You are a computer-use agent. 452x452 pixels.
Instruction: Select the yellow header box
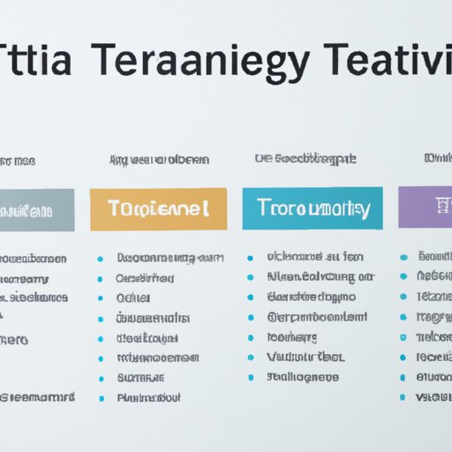pyautogui.click(x=151, y=209)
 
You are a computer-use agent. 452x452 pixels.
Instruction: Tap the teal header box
pyautogui.click(x=313, y=208)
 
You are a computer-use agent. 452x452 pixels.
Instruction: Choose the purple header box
pyautogui.click(x=425, y=208)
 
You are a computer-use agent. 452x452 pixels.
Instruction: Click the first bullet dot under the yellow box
pyautogui.click(x=102, y=259)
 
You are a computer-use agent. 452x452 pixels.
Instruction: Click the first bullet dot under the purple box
pyautogui.click(x=403, y=257)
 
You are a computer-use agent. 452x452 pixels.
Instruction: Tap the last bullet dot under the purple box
pyautogui.click(x=403, y=396)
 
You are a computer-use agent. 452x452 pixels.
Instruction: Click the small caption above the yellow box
pyautogui.click(x=159, y=161)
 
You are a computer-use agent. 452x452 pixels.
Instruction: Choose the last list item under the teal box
pyautogui.click(x=302, y=377)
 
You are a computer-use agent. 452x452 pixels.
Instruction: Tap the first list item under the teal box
pyautogui.click(x=315, y=258)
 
